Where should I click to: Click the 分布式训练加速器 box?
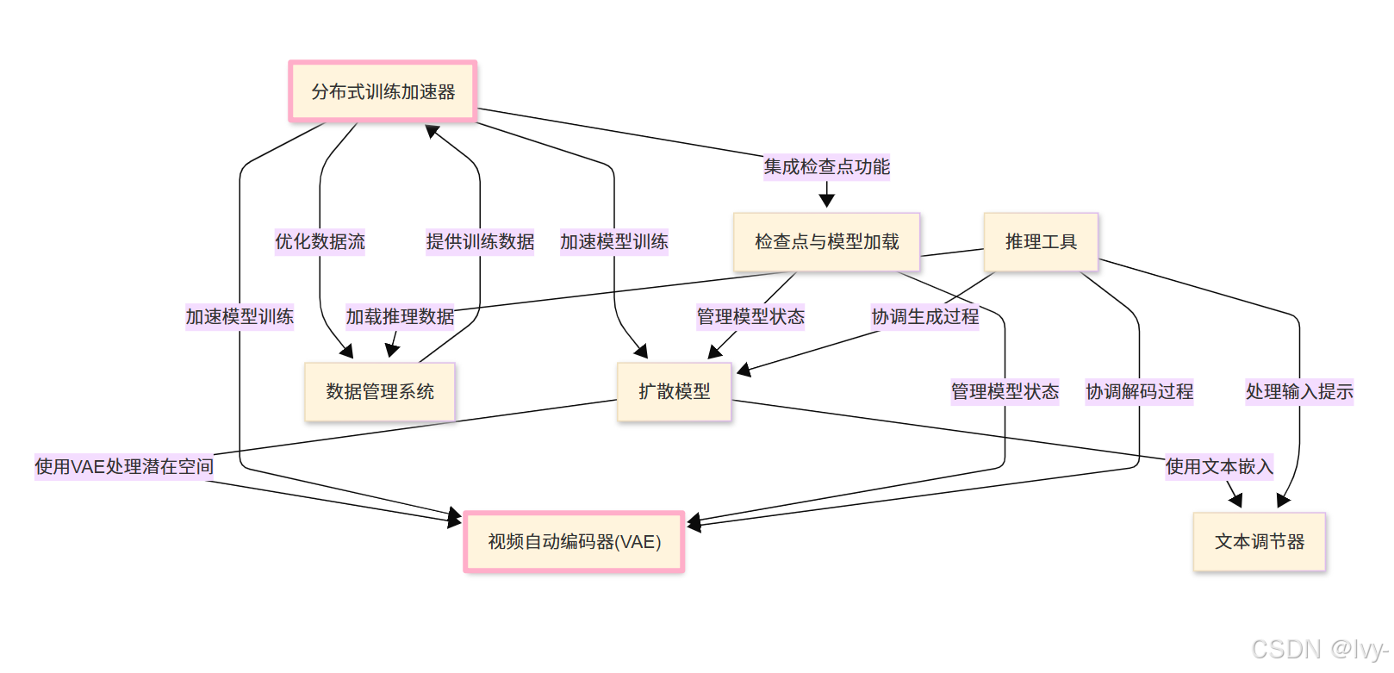pyautogui.click(x=383, y=91)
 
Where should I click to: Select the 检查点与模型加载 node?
pyautogui.click(x=826, y=242)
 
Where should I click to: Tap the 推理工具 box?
pyautogui.click(x=1041, y=242)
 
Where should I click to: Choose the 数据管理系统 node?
pyautogui.click(x=380, y=392)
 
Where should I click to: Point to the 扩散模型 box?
pyautogui.click(x=674, y=392)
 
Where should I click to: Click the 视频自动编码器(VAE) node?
pyautogui.click(x=574, y=542)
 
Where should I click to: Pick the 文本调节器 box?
pyautogui.click(x=1259, y=542)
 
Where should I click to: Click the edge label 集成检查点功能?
pyautogui.click(x=826, y=166)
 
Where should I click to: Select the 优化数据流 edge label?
pyautogui.click(x=320, y=241)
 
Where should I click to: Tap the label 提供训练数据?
pyautogui.click(x=480, y=241)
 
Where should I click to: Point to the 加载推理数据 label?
pyautogui.click(x=400, y=316)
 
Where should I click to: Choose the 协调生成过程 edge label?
pyautogui.click(x=925, y=316)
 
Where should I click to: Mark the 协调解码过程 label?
pyautogui.click(x=1139, y=391)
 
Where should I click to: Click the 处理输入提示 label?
pyautogui.click(x=1299, y=391)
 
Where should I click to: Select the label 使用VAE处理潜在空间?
pyautogui.click(x=124, y=466)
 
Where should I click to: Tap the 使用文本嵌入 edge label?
pyautogui.click(x=1219, y=466)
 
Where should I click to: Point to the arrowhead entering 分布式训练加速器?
pyautogui.click(x=432, y=130)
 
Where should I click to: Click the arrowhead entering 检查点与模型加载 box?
pyautogui.click(x=827, y=202)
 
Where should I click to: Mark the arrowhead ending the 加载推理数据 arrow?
pyautogui.click(x=391, y=351)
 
